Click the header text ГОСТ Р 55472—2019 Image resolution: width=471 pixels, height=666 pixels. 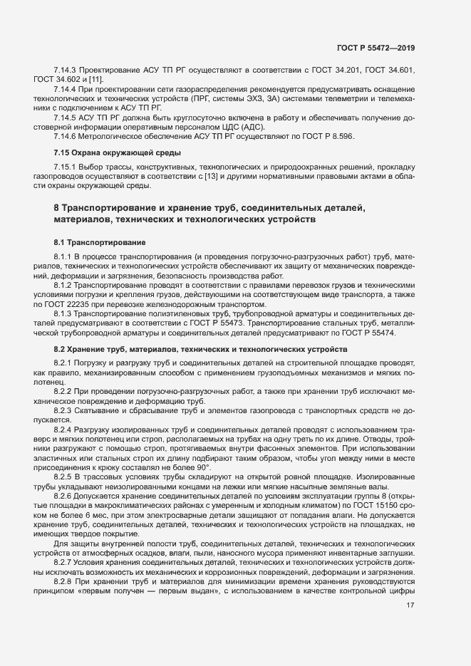point(376,48)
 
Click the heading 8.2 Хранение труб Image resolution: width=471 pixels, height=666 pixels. point(200,350)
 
